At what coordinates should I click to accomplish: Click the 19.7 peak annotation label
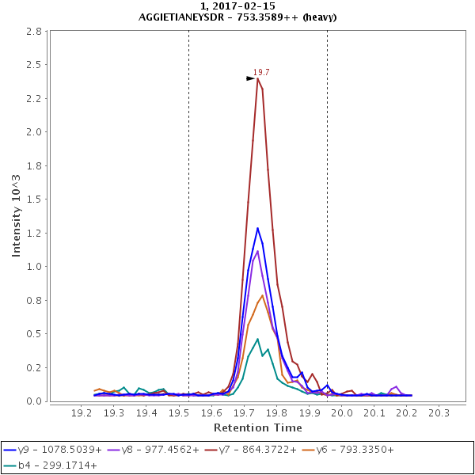(x=261, y=72)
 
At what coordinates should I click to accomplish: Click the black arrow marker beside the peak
(x=250, y=78)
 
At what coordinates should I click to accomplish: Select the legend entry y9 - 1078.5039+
(x=54, y=449)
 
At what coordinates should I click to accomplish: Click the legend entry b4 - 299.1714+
(x=54, y=465)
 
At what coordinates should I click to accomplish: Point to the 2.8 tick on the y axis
(x=33, y=32)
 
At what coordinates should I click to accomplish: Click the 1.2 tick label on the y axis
(x=33, y=233)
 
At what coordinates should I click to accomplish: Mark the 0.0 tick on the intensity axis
(x=33, y=401)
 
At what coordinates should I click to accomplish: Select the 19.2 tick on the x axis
(x=82, y=413)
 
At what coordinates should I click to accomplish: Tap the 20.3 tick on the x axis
(x=439, y=413)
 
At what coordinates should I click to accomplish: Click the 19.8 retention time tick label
(x=277, y=413)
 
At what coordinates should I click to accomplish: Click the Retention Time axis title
(x=258, y=427)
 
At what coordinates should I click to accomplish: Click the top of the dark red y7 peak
(x=258, y=78)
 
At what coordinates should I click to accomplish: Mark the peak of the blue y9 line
(x=257, y=228)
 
